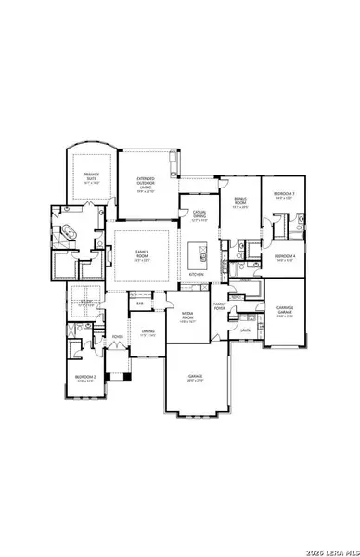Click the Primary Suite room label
(x=90, y=176)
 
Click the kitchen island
(x=198, y=253)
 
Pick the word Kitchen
(x=197, y=275)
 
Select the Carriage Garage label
(x=284, y=312)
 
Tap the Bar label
(x=140, y=303)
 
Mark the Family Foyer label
(x=220, y=306)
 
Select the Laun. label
(x=245, y=330)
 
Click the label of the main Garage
(x=197, y=377)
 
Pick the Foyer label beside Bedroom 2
(x=117, y=336)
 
